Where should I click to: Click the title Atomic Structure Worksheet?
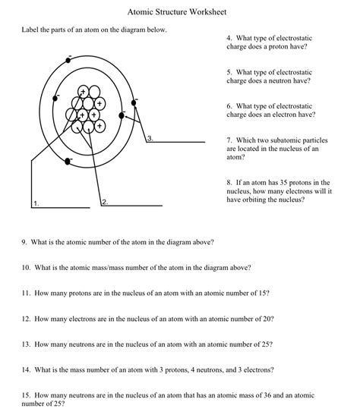[179, 13]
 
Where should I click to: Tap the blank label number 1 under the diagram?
[36, 203]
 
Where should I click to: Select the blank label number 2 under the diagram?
[104, 203]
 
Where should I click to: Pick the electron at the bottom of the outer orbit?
[69, 161]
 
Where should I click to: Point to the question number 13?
[26, 344]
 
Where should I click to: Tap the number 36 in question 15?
[265, 395]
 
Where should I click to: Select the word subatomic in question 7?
[298, 140]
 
